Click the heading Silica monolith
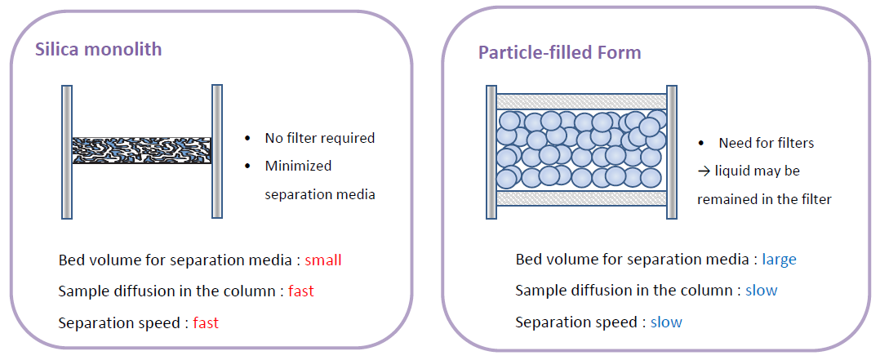click(98, 49)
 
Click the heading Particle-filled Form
click(559, 53)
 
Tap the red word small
click(323, 260)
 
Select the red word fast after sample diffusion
click(300, 291)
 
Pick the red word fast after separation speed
click(206, 322)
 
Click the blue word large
click(779, 260)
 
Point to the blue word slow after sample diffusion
click(761, 291)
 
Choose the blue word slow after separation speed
click(666, 322)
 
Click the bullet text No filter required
click(319, 138)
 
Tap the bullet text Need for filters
click(766, 143)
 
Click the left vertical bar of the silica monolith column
click(66, 152)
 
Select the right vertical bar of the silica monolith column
click(217, 152)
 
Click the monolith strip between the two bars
click(141, 150)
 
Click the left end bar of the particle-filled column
click(491, 152)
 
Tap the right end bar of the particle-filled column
click(672, 152)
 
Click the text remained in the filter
click(764, 199)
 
